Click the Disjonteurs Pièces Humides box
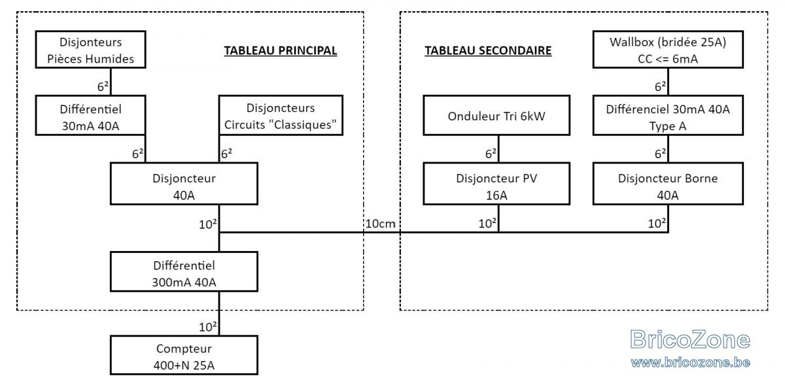90,50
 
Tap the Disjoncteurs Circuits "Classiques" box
281,115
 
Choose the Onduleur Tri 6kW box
497,115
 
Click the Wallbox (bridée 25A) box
668,50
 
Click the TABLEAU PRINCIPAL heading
281,51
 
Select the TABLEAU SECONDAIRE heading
488,51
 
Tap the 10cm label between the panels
381,224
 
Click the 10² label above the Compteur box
208,327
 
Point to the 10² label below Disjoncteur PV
487,223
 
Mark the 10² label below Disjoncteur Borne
657,223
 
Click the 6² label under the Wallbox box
660,86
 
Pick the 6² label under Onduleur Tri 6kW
491,154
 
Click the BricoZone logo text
690,339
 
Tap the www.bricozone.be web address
690,362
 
